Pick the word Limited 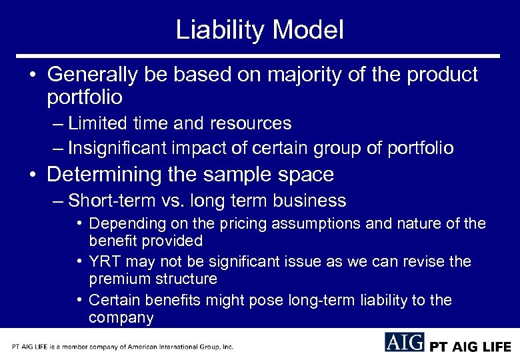[98, 123]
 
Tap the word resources [252, 123]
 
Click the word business [313, 201]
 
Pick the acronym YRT [103, 262]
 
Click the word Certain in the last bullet [112, 301]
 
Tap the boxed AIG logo [404, 341]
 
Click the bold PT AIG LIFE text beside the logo [469, 347]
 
